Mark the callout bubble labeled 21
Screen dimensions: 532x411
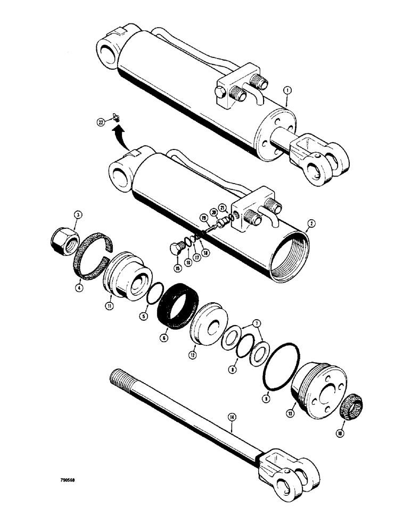point(223,207)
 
